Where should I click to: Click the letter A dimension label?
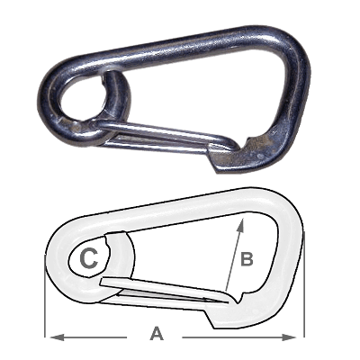click(x=157, y=334)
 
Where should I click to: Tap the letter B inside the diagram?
click(x=247, y=259)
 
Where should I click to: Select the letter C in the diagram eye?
click(x=89, y=258)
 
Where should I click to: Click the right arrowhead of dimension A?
click(x=289, y=337)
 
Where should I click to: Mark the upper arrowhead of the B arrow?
click(x=240, y=225)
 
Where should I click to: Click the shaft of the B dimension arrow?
click(x=233, y=255)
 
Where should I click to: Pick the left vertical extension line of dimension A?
click(x=45, y=296)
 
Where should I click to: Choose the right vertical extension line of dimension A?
click(x=304, y=284)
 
